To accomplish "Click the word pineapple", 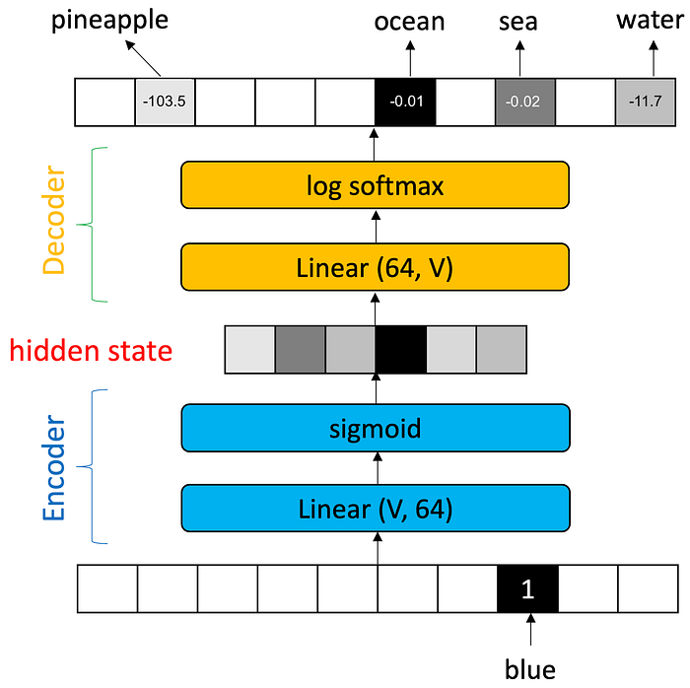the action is coord(109,21).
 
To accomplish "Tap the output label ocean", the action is coord(409,22).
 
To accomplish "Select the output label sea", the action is coord(517,22).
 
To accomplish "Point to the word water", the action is coord(650,21).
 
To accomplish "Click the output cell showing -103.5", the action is coord(165,103).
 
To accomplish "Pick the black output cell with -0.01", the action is coord(405,103).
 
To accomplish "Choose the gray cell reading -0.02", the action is coord(525,103).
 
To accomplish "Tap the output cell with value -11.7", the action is coord(645,103).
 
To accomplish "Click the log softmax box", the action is coord(375,185).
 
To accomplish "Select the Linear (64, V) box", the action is coord(375,267).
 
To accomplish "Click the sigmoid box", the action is coord(376,428).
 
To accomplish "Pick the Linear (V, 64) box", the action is coord(376,509).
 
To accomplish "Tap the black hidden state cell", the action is coord(400,350).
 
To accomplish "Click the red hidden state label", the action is coord(91,351).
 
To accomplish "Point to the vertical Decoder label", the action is coord(54,220).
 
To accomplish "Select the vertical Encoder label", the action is coord(54,467).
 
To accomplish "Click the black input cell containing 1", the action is coord(527,588).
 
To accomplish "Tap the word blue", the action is coord(530,669).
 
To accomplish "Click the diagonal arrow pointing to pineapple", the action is coord(143,58).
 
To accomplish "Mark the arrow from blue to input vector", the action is coord(530,630).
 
